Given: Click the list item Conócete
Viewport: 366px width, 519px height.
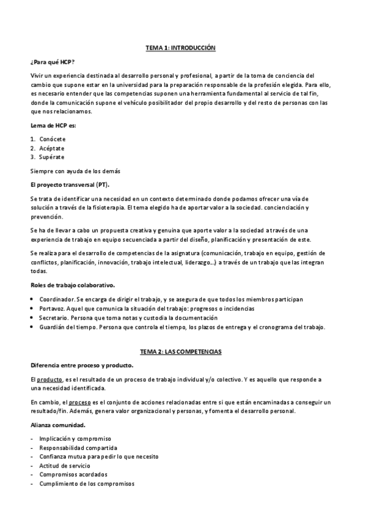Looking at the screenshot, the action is (x=53, y=139).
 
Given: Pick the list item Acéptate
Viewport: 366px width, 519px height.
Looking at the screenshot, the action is (x=52, y=148).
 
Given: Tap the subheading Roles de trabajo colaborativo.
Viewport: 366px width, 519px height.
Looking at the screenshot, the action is (x=72, y=285).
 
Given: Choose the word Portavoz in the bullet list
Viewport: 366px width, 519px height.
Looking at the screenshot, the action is (x=53, y=308).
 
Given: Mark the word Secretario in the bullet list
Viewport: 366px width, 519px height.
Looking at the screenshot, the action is (x=54, y=318).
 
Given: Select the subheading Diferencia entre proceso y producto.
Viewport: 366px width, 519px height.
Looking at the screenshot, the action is (x=81, y=365).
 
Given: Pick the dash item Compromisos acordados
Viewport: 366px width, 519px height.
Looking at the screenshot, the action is (x=73, y=474).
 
